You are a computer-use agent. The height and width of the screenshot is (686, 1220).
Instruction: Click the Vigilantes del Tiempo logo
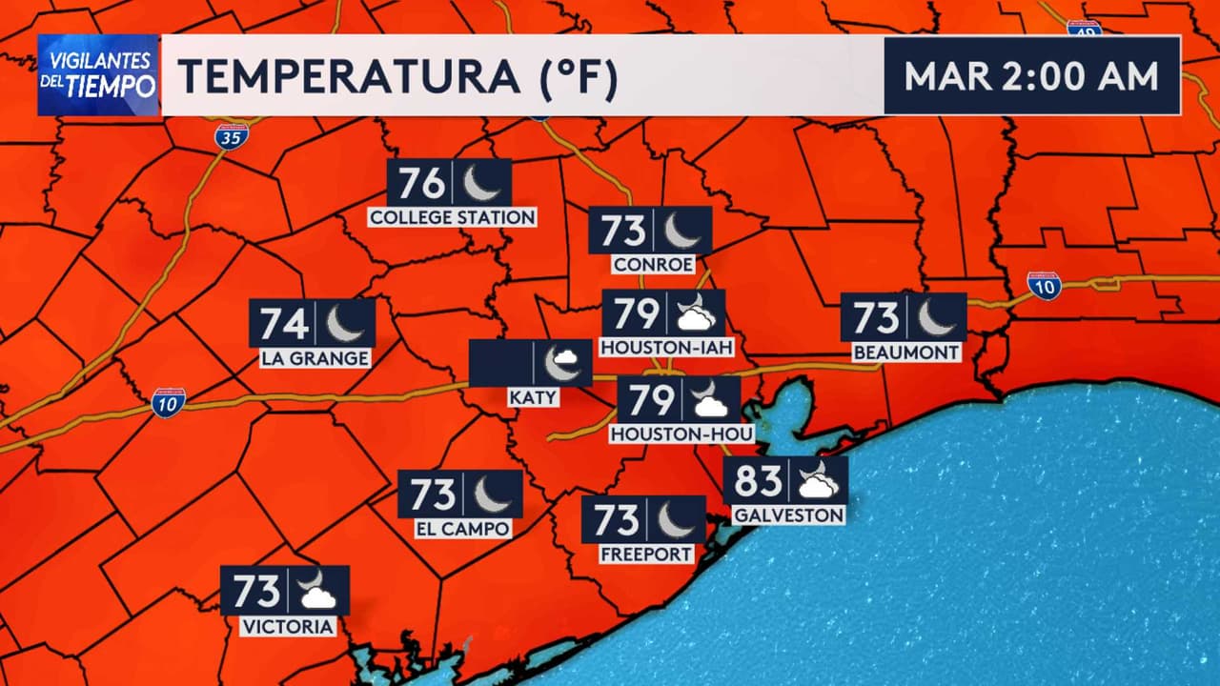(x=98, y=75)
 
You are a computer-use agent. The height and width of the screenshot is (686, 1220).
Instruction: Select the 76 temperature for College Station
(x=421, y=182)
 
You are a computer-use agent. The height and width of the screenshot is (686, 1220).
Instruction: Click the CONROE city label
(x=654, y=264)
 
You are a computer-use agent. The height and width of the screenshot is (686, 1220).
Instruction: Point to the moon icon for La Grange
(x=344, y=323)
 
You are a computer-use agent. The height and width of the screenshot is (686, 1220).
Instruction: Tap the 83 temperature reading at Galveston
(x=759, y=481)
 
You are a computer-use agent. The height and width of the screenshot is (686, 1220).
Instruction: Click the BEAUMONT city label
(x=905, y=353)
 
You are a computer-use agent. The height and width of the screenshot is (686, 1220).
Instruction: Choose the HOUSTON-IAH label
(x=666, y=349)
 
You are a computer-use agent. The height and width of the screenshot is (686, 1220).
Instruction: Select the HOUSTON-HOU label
(x=682, y=434)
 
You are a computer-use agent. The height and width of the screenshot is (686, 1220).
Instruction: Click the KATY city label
(x=533, y=397)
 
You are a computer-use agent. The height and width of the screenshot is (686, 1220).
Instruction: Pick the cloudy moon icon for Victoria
(x=316, y=591)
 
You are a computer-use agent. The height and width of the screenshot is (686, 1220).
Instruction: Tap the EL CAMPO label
(x=463, y=529)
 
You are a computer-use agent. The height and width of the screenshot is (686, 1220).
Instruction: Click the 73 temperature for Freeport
(x=617, y=520)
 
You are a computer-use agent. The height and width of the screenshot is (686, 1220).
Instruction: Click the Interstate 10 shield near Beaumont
(x=1045, y=285)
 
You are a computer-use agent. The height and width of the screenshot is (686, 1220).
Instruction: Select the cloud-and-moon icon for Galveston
(x=817, y=480)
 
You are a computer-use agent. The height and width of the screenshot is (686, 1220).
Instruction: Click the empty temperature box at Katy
(x=501, y=364)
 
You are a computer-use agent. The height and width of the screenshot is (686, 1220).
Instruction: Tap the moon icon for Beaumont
(x=936, y=317)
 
